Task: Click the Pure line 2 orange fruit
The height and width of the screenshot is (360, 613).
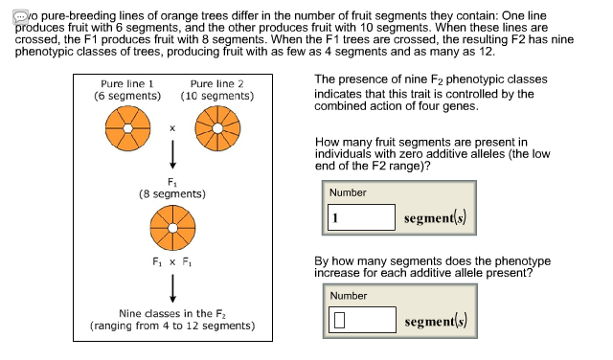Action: tap(216, 126)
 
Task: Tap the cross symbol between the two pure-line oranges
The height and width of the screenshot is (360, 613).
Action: tap(171, 127)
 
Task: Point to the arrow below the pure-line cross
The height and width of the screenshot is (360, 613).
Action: tap(172, 155)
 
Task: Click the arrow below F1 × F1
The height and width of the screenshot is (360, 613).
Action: tap(172, 284)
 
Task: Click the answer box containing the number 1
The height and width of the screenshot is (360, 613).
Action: tap(362, 216)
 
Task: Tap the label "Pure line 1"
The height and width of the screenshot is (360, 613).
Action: tap(125, 84)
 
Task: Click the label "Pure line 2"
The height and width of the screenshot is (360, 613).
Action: tap(217, 84)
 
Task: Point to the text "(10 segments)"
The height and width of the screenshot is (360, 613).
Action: tap(217, 97)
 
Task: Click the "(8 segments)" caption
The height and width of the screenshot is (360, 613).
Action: tap(172, 193)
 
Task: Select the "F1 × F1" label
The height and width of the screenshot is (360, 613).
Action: tap(172, 261)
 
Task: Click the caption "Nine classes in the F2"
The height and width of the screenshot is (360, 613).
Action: tap(171, 313)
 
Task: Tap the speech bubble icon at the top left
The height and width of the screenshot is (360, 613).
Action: tap(9, 9)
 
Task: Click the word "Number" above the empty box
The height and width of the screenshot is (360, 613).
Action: tap(348, 295)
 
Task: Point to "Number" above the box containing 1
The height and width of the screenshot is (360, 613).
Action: tap(348, 192)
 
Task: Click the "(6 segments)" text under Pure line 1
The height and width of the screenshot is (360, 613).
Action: tap(125, 97)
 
